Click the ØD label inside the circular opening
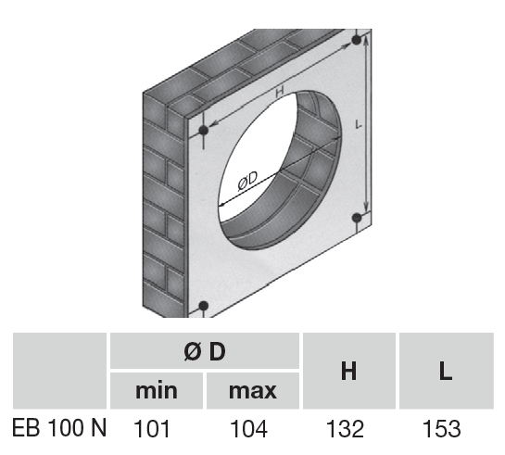click(248, 181)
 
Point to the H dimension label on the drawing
click(280, 92)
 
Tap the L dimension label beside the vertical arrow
click(359, 124)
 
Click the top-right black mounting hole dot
click(357, 40)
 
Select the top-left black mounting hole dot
click(204, 131)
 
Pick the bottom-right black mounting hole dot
click(357, 218)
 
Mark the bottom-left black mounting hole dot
click(204, 306)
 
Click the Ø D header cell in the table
click(205, 350)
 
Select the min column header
click(157, 391)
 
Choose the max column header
click(253, 391)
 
